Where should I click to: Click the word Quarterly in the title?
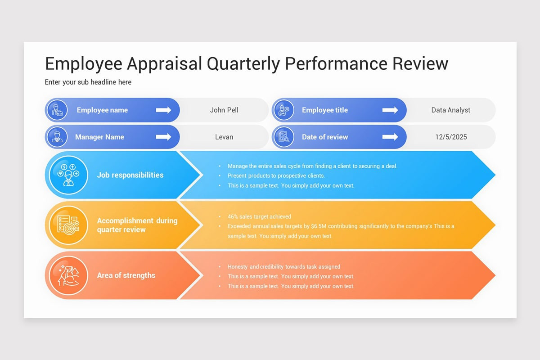(243, 63)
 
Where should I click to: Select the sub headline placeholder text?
(88, 82)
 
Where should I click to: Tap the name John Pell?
(224, 110)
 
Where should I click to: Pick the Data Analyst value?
(450, 110)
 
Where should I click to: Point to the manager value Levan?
(224, 137)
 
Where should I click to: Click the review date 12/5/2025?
(450, 137)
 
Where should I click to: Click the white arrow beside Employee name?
(163, 110)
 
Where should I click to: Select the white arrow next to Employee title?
(390, 110)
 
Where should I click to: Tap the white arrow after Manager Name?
(163, 137)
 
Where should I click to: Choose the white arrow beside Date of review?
(390, 137)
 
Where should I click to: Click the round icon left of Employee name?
(57, 110)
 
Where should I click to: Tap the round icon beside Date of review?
(283, 137)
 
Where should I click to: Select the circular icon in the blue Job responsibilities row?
(68, 175)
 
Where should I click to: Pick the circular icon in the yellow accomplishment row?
(68, 225)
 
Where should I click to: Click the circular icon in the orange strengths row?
(68, 275)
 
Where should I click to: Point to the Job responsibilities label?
(130, 175)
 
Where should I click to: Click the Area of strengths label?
(126, 275)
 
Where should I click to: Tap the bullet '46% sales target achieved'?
(259, 216)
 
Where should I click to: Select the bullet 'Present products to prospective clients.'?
(276, 175)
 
